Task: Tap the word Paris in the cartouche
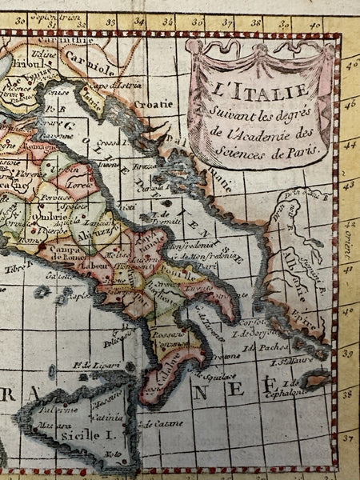pos(296,149)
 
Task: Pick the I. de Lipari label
pos(90,366)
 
